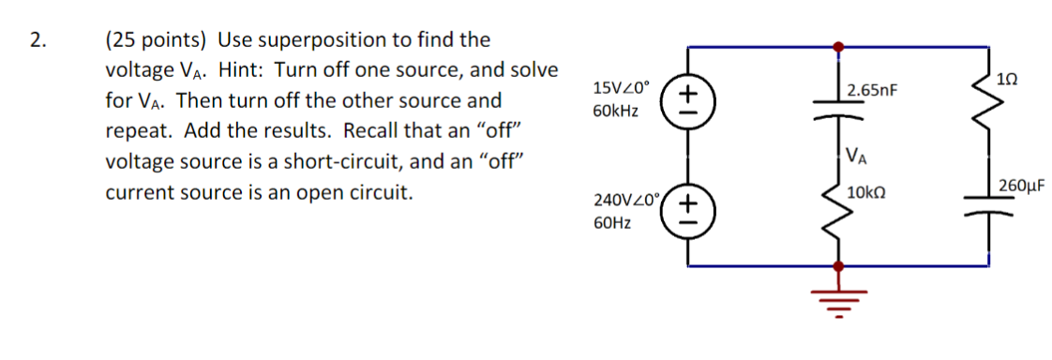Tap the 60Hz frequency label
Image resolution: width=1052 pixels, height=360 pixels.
point(611,223)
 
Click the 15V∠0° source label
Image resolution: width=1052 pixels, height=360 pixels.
point(622,88)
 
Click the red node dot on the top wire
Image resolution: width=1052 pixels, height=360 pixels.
point(838,45)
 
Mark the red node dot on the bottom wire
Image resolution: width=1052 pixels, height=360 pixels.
point(838,266)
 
